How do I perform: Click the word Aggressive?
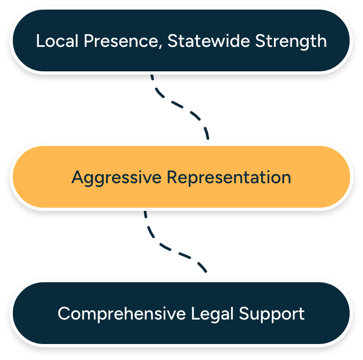click(x=116, y=177)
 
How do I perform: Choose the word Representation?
click(x=229, y=177)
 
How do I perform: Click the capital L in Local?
click(x=39, y=41)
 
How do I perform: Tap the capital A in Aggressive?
click(x=77, y=177)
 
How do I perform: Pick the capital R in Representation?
click(x=172, y=177)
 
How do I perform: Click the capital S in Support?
click(x=244, y=314)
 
